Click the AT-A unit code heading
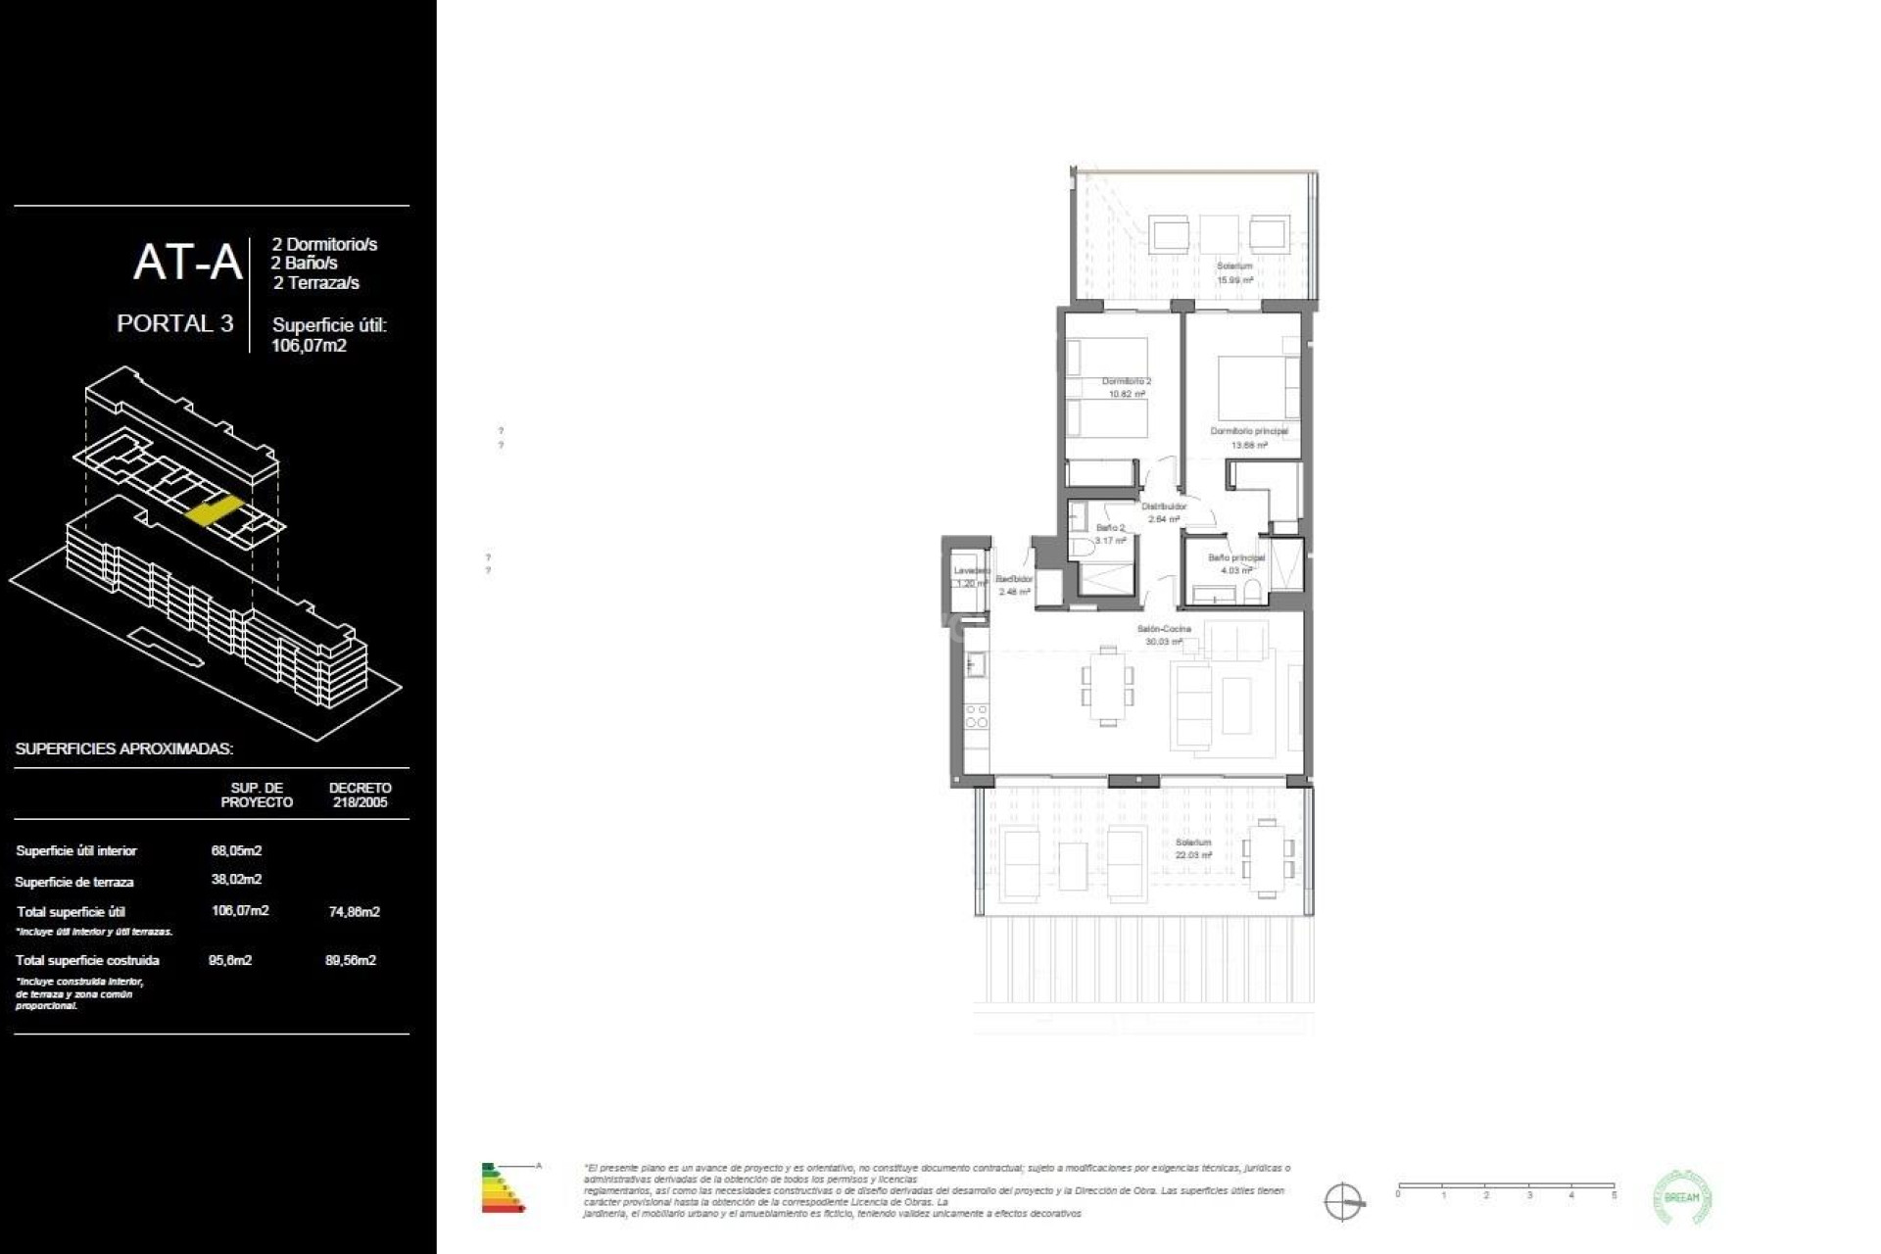(187, 263)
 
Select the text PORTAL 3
(175, 323)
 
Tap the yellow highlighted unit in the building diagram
(214, 511)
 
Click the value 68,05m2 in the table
(236, 850)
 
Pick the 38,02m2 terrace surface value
(236, 880)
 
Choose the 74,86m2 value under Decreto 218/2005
(354, 911)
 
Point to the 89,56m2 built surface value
(351, 960)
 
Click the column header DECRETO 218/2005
(360, 795)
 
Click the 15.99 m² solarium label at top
(1234, 272)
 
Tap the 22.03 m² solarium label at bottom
(1193, 848)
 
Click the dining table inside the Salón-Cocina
(1107, 686)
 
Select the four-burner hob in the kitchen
(976, 716)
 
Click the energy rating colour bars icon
(503, 1188)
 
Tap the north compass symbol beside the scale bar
(1343, 1201)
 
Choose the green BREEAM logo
(1681, 1197)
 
